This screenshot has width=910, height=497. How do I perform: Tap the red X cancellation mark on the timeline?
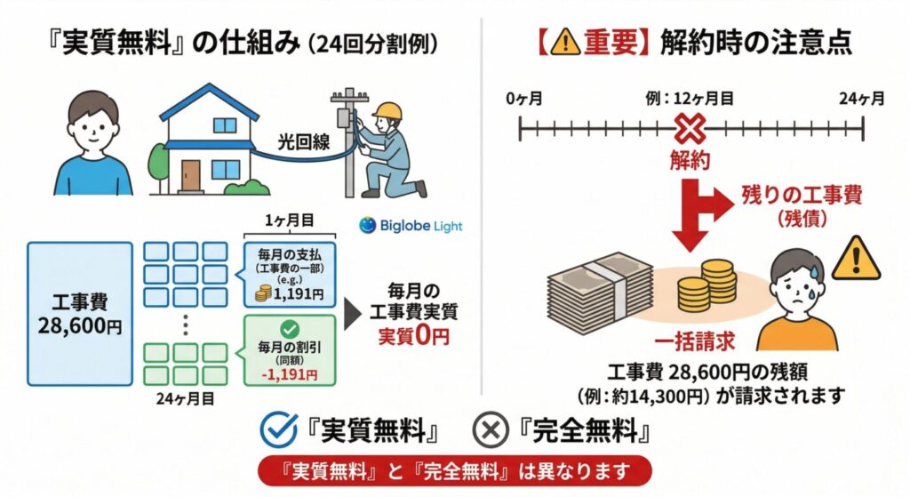click(690, 131)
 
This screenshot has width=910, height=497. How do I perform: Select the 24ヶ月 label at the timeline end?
click(861, 98)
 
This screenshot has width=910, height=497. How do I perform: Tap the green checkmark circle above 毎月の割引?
click(290, 329)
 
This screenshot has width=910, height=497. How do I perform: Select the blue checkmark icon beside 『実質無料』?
click(278, 430)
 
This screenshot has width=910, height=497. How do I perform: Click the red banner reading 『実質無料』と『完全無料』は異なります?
click(455, 470)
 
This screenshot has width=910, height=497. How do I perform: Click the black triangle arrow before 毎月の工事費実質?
click(353, 314)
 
